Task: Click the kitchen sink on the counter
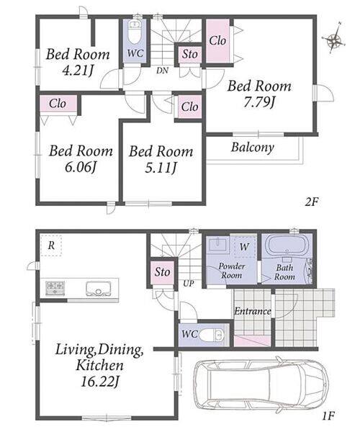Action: [x=99, y=288]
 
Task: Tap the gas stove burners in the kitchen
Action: [x=55, y=288]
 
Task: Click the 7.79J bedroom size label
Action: [x=259, y=103]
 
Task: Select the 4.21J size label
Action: [x=77, y=71]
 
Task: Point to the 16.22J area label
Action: [x=99, y=382]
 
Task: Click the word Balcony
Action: [x=252, y=148]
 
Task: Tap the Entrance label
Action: [x=252, y=311]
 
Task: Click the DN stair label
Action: [x=162, y=71]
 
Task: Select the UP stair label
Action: [x=189, y=283]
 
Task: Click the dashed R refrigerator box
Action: [x=50, y=246]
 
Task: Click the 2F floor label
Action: [x=312, y=202]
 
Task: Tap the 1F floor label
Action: [x=328, y=415]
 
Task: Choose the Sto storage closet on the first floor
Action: [x=162, y=272]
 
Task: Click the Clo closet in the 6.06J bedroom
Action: [x=58, y=104]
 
